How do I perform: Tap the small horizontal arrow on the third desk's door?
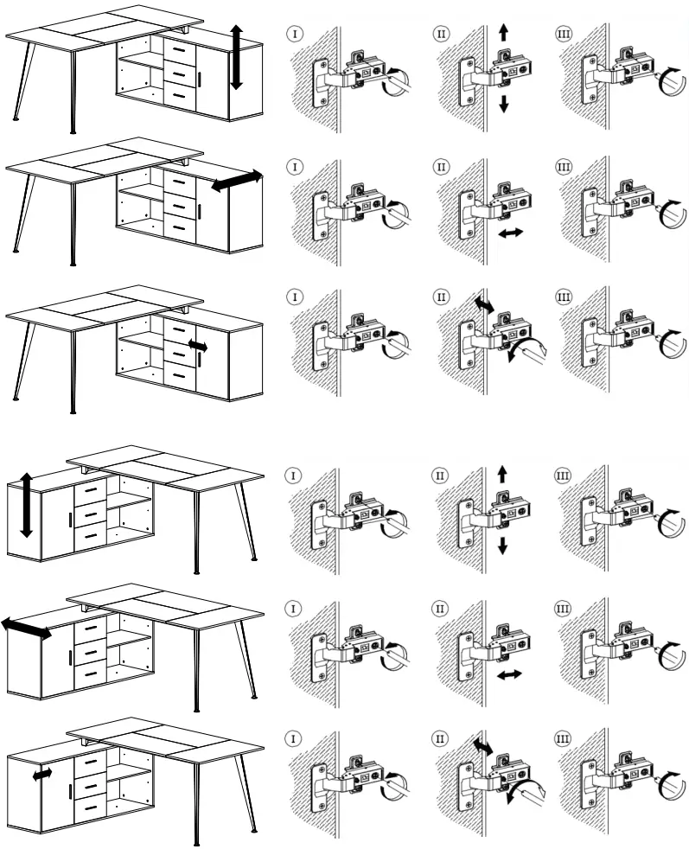click(x=198, y=345)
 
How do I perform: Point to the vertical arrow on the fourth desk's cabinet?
click(x=27, y=505)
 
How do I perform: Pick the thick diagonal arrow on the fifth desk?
click(x=26, y=629)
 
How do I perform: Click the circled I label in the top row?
click(x=296, y=35)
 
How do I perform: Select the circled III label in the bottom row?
click(x=563, y=740)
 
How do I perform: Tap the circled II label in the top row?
click(x=442, y=35)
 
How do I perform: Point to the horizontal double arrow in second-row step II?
click(x=510, y=233)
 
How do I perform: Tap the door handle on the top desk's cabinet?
click(x=200, y=80)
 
